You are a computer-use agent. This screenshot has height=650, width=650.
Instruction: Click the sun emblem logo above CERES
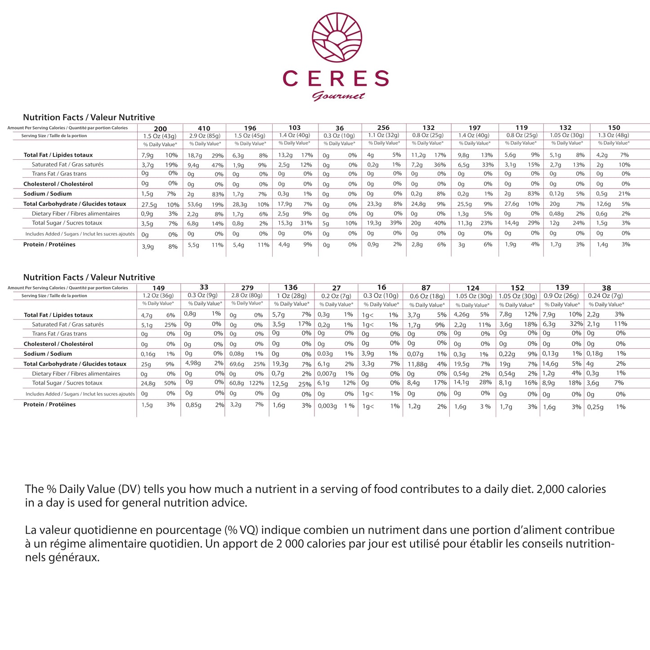(336, 38)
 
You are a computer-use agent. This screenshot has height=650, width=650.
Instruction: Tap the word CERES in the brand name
(336, 79)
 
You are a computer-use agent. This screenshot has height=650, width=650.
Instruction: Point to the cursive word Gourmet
(338, 96)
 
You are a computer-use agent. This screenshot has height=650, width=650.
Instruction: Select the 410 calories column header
(204, 129)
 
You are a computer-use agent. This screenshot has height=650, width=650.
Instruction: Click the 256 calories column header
(383, 128)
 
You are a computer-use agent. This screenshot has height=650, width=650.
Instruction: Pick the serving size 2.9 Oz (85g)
(204, 135)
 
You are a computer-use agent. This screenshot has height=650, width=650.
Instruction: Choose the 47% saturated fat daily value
(218, 165)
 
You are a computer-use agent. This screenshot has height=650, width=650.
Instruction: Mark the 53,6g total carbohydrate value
(195, 204)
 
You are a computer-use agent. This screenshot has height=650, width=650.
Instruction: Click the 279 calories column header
(247, 288)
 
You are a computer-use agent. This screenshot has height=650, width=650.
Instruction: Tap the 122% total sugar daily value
(256, 383)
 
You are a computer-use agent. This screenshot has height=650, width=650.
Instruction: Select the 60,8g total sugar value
(237, 383)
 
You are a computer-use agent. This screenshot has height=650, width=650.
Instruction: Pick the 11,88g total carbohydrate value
(417, 364)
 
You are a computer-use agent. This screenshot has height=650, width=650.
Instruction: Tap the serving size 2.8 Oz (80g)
(247, 296)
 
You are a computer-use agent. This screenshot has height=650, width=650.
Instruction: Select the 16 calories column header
(381, 287)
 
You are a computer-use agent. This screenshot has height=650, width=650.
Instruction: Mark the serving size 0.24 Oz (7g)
(605, 296)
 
